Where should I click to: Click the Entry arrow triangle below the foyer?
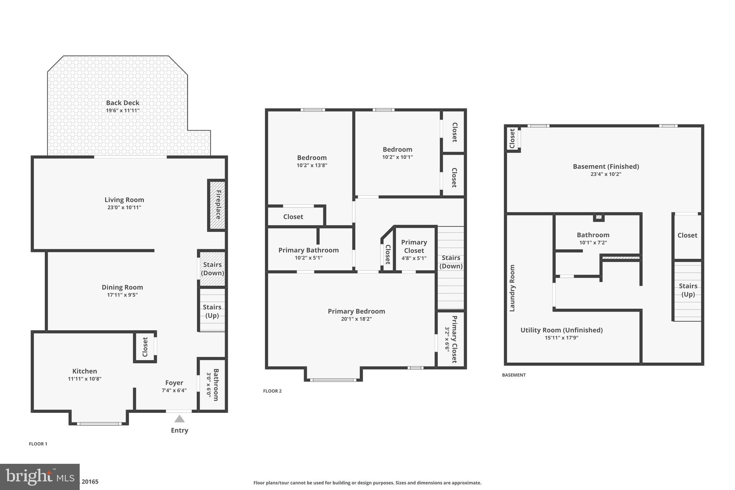tap(179, 419)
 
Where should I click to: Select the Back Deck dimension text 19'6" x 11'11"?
tap(122, 111)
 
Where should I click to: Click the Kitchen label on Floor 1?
tap(85, 371)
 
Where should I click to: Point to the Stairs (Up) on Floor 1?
tap(212, 311)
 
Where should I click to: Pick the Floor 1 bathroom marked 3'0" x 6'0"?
tap(212, 384)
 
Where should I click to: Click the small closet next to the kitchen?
tap(145, 347)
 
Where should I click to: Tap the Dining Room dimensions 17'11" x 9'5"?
tap(122, 295)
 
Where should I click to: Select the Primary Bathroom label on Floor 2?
tap(308, 250)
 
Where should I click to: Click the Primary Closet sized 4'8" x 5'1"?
tap(414, 250)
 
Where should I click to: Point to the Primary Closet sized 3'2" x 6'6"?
tap(451, 339)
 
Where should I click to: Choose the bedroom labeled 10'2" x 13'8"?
tap(312, 161)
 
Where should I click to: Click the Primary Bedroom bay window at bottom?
tap(333, 379)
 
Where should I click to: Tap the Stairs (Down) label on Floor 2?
tap(451, 262)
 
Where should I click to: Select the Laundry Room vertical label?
tap(512, 288)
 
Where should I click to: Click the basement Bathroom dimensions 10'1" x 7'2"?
tap(593, 243)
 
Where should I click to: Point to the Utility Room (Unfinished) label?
tap(561, 330)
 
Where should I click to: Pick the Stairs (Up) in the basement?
tap(688, 290)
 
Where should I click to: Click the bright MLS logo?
tap(39, 477)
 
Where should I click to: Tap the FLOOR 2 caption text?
tap(272, 391)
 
